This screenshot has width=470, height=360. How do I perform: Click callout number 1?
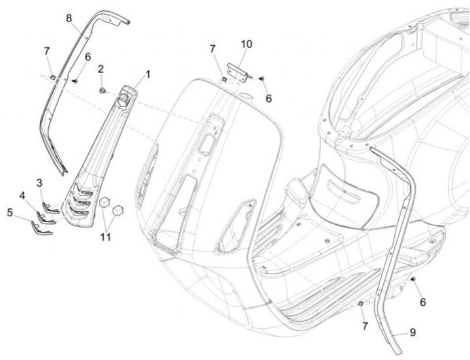(x=148, y=74)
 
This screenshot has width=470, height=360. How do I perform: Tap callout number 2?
(x=101, y=69)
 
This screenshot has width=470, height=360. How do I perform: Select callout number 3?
(x=40, y=182)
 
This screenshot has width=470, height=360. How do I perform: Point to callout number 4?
(x=23, y=195)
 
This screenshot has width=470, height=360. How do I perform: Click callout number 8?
(x=69, y=18)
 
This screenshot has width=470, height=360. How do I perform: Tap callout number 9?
(x=412, y=333)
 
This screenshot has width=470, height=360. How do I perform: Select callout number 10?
(x=246, y=44)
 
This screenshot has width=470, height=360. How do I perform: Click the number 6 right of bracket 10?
(x=268, y=98)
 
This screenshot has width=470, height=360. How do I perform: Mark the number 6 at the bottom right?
(x=422, y=303)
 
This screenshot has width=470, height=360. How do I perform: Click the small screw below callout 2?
(x=102, y=88)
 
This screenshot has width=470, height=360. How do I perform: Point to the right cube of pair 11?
(x=118, y=210)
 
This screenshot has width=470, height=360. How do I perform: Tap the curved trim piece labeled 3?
(x=50, y=207)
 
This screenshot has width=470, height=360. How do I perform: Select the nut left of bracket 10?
(x=223, y=79)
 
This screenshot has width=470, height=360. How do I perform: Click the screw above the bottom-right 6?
(x=413, y=280)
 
